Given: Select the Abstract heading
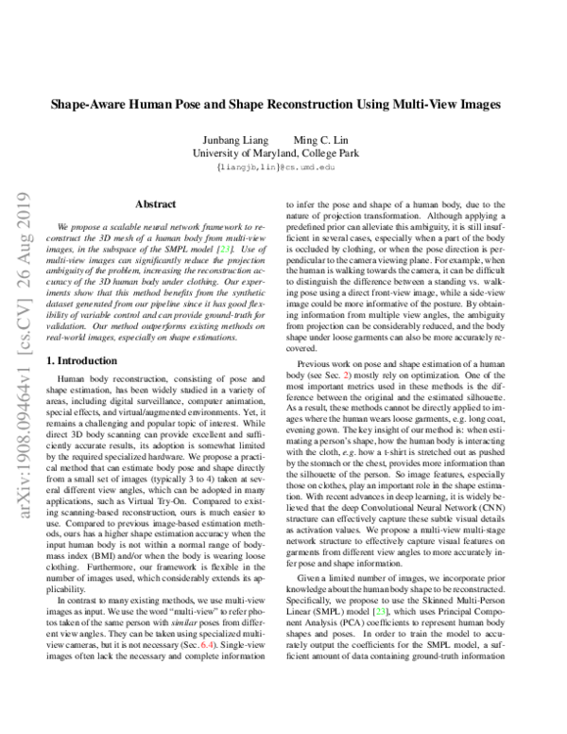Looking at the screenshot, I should click(156, 203).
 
